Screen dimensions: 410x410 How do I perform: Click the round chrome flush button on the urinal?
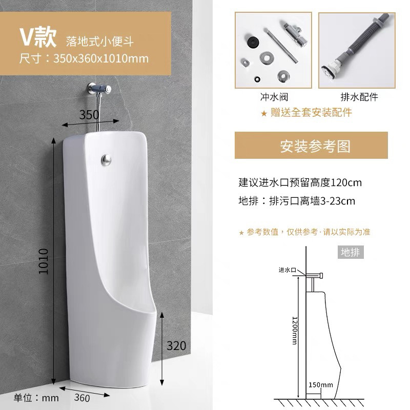click(106, 159)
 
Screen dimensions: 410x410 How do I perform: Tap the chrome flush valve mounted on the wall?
click(99, 89)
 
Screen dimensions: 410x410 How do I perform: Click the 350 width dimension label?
click(89, 115)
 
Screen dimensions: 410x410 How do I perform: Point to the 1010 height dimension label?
click(44, 261)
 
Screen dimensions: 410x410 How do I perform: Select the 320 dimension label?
click(176, 345)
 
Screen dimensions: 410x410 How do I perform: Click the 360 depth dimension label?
click(82, 398)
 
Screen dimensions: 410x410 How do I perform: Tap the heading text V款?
click(38, 37)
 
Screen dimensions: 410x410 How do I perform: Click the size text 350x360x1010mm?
click(101, 58)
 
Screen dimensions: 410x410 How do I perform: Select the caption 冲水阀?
click(274, 97)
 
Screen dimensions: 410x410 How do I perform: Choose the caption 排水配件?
click(359, 97)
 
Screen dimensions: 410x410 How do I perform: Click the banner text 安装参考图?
click(315, 146)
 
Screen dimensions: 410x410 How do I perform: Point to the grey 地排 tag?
click(351, 252)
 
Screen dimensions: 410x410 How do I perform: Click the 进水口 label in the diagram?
click(287, 270)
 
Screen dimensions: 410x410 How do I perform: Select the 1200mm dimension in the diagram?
click(295, 331)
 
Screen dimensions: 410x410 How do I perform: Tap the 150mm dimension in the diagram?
click(321, 385)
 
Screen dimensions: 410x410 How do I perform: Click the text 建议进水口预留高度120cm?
click(300, 182)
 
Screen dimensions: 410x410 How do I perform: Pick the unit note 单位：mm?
click(36, 398)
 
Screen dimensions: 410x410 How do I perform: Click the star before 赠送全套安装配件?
click(264, 113)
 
